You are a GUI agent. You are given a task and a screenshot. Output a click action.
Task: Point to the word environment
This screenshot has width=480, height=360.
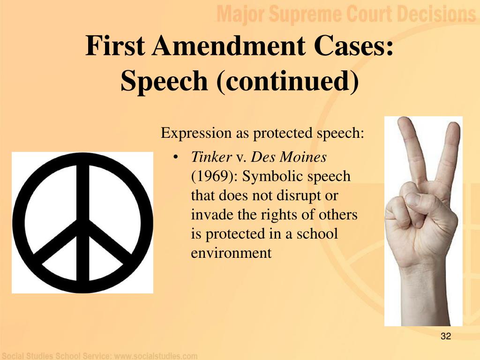[x=231, y=253]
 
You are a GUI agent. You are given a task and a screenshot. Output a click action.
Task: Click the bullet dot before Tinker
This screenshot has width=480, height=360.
[x=175, y=157]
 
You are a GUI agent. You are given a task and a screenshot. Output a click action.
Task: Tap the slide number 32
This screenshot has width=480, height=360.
[x=446, y=336]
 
